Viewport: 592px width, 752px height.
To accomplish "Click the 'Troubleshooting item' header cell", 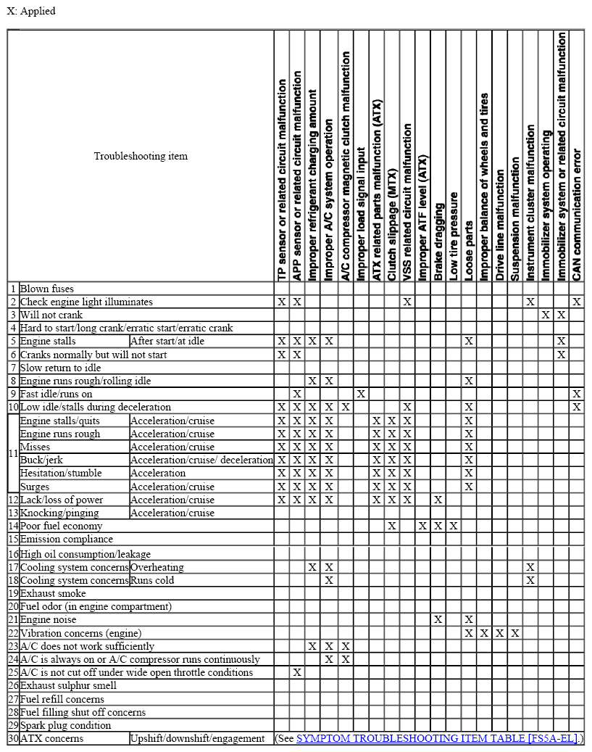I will click(x=141, y=156).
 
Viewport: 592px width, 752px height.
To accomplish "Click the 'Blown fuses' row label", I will click(x=47, y=289).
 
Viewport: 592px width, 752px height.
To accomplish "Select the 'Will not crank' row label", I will click(x=51, y=315).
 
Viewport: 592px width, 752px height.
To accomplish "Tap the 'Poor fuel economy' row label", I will click(x=61, y=526).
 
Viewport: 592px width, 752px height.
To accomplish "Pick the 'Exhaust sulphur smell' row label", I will click(x=68, y=685).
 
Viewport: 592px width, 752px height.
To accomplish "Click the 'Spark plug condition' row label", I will click(x=65, y=725).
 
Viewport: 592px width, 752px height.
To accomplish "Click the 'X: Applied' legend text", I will click(x=31, y=11).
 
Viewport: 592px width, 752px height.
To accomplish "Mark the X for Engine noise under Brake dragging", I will click(x=438, y=619).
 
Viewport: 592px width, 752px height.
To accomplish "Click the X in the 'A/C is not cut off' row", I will click(x=296, y=672).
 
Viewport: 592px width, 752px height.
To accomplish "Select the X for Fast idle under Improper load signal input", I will click(x=360, y=394).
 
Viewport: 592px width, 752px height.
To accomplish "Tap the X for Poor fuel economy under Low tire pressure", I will click(x=454, y=526).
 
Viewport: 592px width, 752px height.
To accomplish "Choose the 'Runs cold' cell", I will click(x=152, y=580).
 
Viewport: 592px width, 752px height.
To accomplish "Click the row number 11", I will click(x=12, y=453).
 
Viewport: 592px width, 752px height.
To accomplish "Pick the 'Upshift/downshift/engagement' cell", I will click(x=197, y=738).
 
